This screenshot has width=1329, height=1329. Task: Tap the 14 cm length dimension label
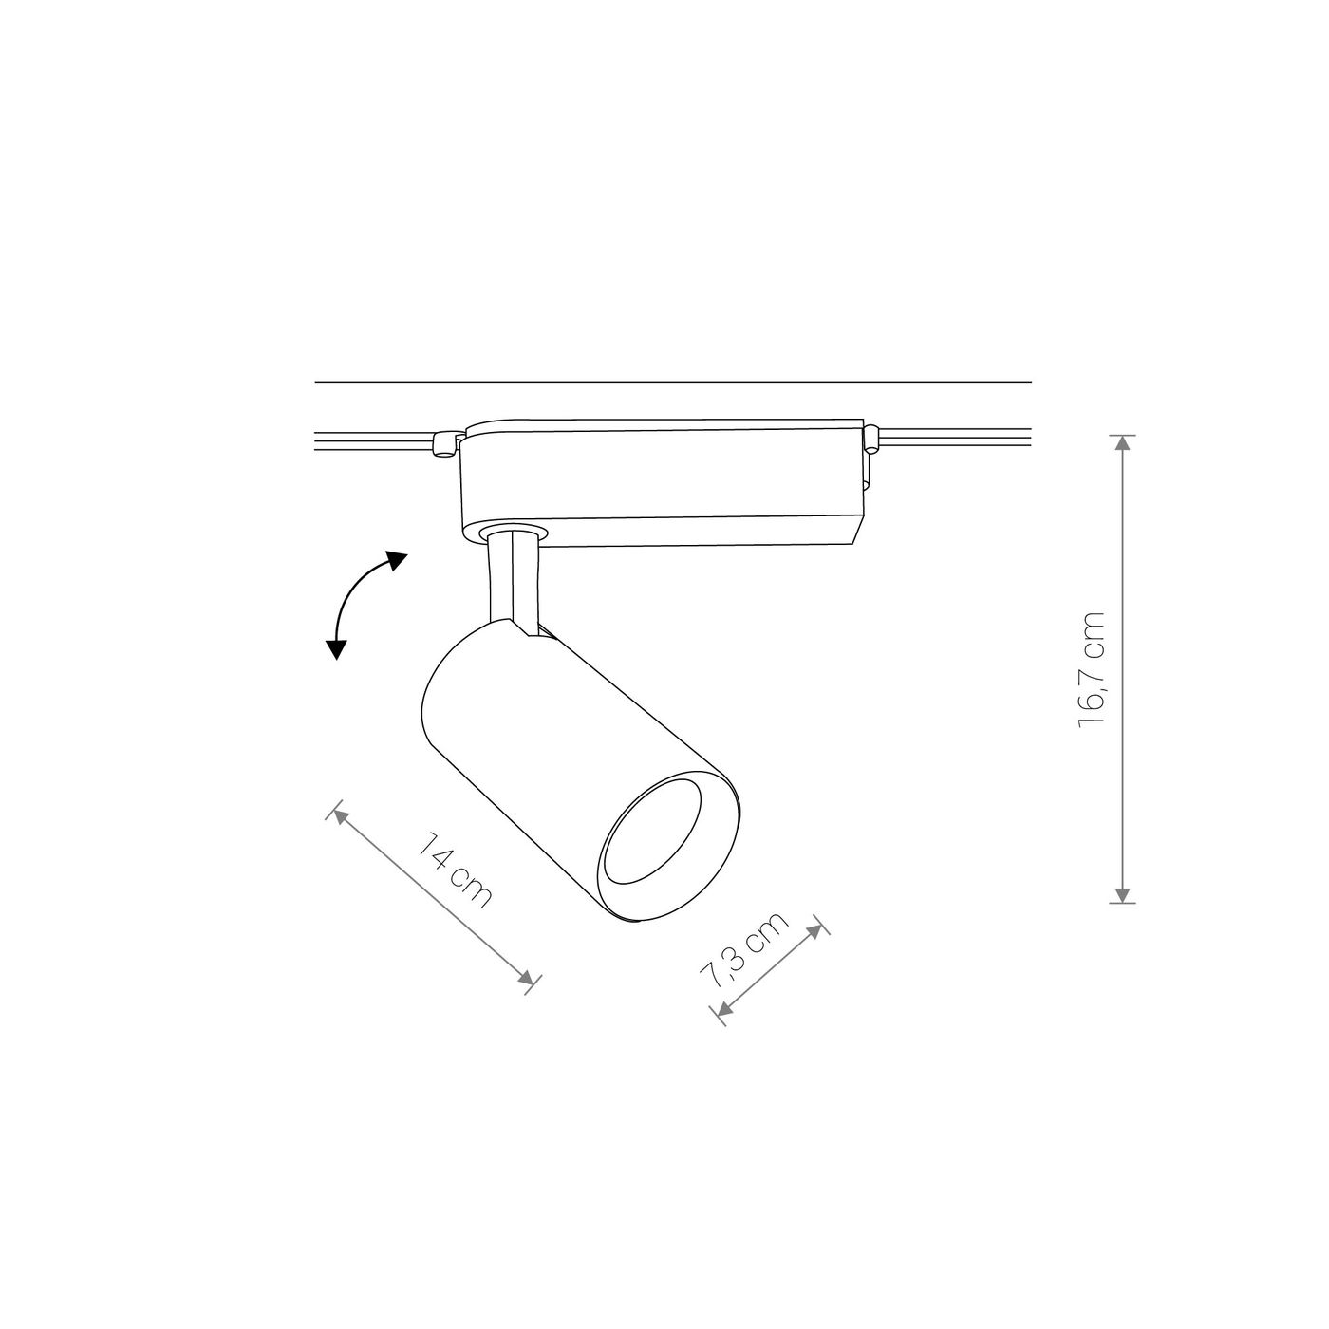[457, 870]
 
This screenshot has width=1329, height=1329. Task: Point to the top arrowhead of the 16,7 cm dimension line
[1123, 443]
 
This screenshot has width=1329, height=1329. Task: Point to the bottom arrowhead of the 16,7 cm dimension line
[1123, 893]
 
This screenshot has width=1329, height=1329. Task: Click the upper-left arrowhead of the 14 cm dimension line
[338, 817]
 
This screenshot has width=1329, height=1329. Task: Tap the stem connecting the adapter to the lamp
[513, 579]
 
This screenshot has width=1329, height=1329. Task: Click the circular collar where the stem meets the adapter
[514, 531]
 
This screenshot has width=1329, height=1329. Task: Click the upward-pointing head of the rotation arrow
[397, 559]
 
